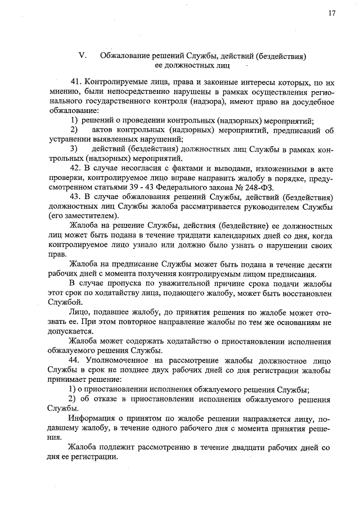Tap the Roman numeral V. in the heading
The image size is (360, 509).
[x=82, y=55]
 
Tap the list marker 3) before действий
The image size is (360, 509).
[x=74, y=148]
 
